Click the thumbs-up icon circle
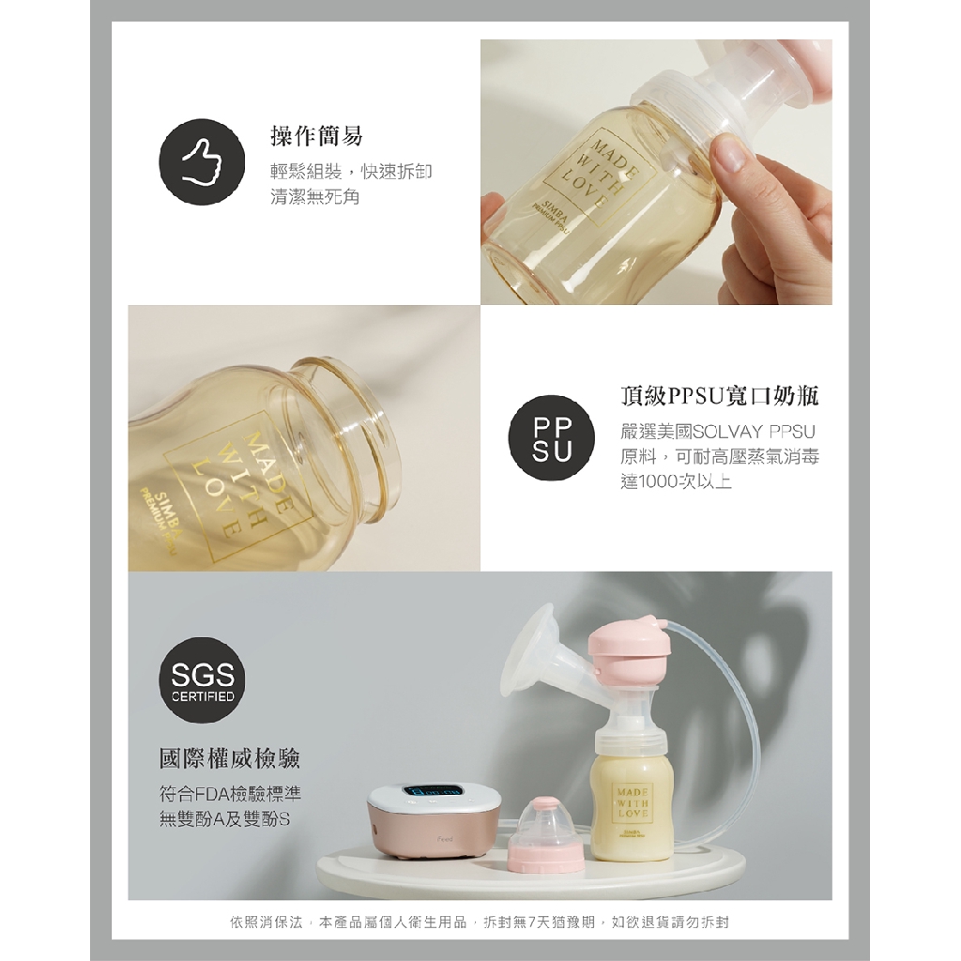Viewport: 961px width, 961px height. pos(202,162)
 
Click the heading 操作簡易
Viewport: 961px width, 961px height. pos(316,135)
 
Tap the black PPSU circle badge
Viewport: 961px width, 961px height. pos(551,438)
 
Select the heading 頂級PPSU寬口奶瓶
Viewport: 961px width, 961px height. pos(720,397)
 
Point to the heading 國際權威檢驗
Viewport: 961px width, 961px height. pos(230,758)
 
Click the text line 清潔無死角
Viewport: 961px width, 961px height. pos(315,197)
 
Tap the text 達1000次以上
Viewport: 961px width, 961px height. pos(676,481)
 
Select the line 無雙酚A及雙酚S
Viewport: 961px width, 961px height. pos(224,819)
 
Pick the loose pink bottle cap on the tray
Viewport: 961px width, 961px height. pos(546,833)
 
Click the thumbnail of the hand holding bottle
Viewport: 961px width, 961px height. pos(656,173)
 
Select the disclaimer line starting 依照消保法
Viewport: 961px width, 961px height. pos(480,922)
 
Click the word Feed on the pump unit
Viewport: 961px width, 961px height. pos(446,838)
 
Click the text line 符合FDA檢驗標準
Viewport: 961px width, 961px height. pos(231,794)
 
